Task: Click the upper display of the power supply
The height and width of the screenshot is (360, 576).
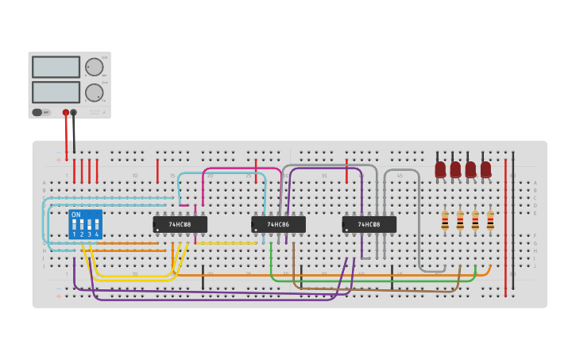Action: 56,67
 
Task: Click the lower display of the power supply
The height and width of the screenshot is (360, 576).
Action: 56,92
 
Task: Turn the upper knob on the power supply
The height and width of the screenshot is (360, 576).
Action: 94,67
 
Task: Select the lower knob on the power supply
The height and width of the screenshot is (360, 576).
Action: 94,92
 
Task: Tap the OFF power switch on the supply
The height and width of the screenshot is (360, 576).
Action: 38,112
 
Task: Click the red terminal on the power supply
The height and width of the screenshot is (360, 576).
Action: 66,113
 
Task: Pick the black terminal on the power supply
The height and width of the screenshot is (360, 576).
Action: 74,113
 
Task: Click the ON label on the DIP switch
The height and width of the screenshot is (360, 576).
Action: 75,215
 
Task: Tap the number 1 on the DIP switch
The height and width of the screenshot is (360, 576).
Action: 74,234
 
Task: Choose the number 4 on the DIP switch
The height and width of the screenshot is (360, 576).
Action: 97,234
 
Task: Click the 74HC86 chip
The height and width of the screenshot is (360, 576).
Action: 278,225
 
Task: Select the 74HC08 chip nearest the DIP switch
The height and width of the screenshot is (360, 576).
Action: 180,225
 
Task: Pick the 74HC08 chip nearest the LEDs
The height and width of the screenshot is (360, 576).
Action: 369,225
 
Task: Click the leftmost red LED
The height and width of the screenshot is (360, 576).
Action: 440,168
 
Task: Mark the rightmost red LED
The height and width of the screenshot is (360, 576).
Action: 485,168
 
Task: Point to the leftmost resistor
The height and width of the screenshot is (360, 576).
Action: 445,220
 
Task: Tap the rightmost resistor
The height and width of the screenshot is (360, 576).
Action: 490,220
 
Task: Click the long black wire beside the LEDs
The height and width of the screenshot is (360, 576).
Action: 512,223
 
